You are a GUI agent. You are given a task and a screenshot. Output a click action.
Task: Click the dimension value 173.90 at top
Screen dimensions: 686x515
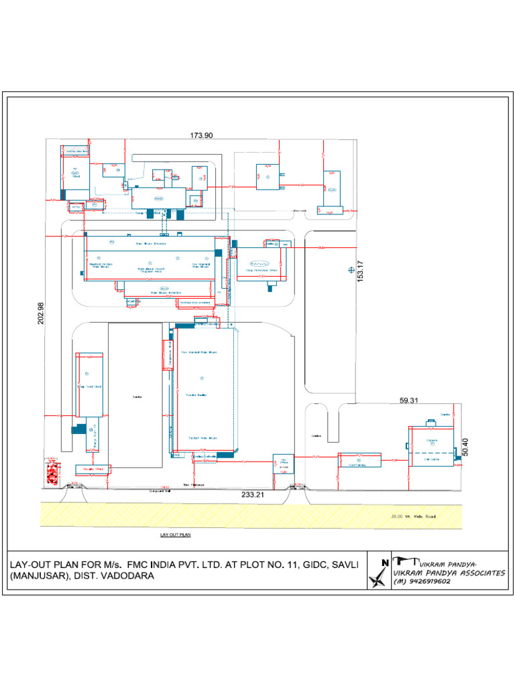click(201, 135)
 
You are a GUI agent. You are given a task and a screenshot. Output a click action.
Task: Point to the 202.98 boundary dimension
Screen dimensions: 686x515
click(41, 314)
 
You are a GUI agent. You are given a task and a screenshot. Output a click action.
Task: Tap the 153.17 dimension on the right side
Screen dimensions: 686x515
click(360, 271)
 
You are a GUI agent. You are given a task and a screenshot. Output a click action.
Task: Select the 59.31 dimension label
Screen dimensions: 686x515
click(408, 401)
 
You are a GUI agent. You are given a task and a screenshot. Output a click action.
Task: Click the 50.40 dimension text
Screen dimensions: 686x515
click(465, 448)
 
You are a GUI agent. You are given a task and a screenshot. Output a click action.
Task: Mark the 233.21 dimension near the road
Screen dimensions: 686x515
click(253, 494)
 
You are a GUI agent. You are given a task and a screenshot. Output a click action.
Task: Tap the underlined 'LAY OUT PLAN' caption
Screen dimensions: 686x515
click(176, 535)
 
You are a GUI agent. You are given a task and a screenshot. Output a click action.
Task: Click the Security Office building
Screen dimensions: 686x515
click(93, 470)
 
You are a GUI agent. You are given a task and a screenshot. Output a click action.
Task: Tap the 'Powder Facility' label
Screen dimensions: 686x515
click(196, 395)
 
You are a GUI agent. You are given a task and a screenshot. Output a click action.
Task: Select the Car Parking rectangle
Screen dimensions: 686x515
click(359, 460)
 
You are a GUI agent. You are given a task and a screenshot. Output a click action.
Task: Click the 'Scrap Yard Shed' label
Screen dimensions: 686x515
click(89, 387)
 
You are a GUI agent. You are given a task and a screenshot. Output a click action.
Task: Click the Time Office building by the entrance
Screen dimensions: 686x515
click(282, 463)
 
